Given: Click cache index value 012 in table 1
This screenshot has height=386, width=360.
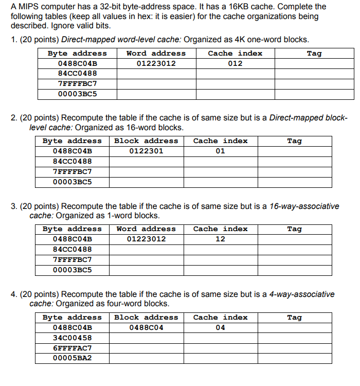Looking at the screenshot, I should point(235,63).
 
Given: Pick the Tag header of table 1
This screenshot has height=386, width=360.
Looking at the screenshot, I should point(314,53).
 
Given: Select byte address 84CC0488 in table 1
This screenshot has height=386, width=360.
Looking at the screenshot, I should point(77,74).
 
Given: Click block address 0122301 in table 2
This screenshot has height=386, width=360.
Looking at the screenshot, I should point(146,151).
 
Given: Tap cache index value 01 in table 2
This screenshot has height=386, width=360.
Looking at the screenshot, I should point(220,151).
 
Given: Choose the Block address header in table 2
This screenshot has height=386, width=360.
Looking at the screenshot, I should point(146,141).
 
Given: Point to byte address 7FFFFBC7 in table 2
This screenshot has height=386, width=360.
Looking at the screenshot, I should point(72,171).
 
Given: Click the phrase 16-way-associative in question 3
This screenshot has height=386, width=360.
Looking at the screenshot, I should point(304,206).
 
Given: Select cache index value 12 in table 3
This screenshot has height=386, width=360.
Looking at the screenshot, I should point(220,239).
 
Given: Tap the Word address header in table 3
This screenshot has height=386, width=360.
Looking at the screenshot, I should point(146,229).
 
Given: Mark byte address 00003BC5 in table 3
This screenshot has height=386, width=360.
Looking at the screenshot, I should point(72,270).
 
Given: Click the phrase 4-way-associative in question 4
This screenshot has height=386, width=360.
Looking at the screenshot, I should point(301,294).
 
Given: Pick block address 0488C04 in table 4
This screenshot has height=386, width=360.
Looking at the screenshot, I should point(146,327).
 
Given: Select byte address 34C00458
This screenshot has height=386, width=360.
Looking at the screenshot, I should point(72,338).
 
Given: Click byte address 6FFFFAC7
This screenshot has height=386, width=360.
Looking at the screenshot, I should point(72,348).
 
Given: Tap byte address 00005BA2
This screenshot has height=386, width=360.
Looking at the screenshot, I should point(72,358).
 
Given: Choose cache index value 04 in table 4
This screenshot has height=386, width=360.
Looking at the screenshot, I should point(220,327).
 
